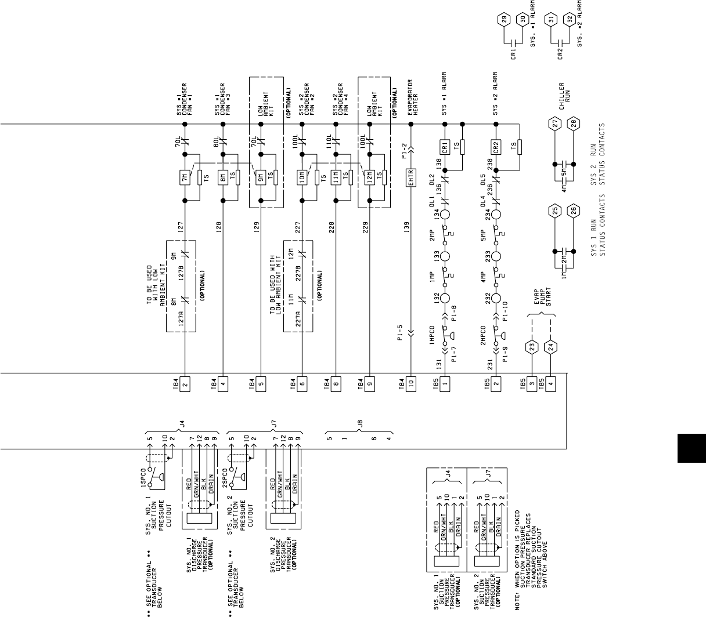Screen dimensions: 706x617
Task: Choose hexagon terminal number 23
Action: pyautogui.click(x=531, y=347)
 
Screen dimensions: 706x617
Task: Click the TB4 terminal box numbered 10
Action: pyautogui.click(x=411, y=383)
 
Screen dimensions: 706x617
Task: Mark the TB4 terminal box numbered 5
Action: pyautogui.click(x=261, y=383)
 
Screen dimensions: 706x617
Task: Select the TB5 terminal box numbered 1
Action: pyautogui.click(x=445, y=383)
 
